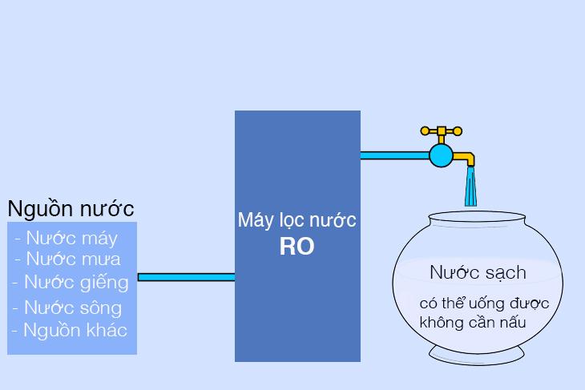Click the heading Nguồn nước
click(71, 209)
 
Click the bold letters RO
click(297, 247)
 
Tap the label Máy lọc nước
click(297, 219)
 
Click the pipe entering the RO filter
click(186, 278)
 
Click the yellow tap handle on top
click(441, 131)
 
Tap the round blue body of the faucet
click(441, 155)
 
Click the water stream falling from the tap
click(472, 188)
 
